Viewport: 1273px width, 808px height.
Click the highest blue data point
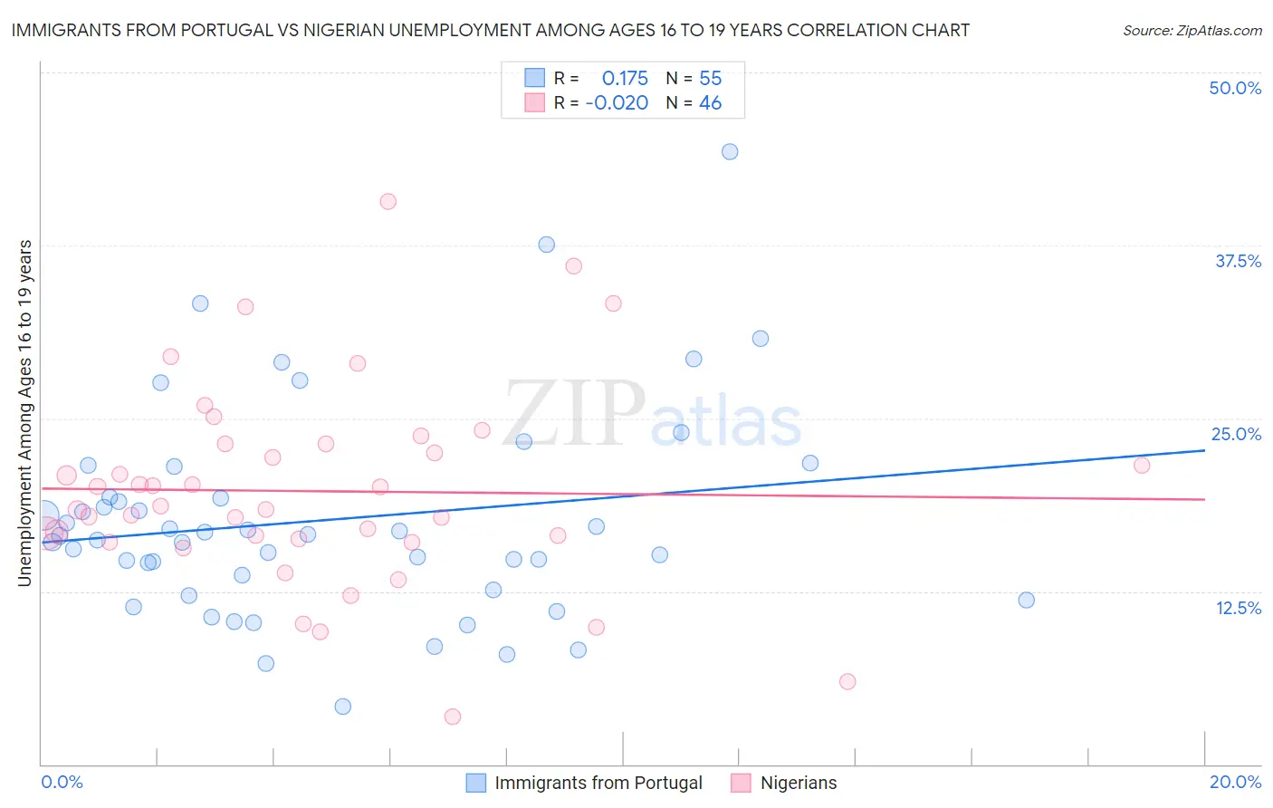(x=730, y=151)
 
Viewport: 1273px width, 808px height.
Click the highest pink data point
(x=388, y=201)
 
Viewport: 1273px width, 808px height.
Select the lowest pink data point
(x=453, y=717)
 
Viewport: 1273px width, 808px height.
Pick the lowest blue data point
(x=342, y=707)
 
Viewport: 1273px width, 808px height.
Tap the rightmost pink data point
(x=1142, y=465)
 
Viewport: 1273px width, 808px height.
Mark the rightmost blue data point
(x=1026, y=600)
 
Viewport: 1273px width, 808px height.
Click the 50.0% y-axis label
(x=1235, y=88)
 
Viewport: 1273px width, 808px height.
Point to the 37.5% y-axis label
(x=1238, y=261)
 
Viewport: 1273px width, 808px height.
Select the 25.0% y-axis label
(x=1236, y=434)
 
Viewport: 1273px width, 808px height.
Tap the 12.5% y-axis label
(x=1238, y=607)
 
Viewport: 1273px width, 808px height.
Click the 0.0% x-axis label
(x=62, y=782)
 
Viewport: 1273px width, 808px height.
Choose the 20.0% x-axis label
(x=1235, y=782)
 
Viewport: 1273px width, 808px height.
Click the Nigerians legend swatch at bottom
(x=741, y=783)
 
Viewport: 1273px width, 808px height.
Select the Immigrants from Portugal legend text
(x=598, y=783)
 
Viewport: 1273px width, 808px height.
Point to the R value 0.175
(x=625, y=79)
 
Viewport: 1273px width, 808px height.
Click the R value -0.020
(x=617, y=103)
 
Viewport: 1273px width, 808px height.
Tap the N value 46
(x=710, y=103)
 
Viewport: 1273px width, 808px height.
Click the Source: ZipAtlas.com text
(x=1192, y=31)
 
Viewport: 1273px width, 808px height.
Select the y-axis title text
(x=25, y=413)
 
